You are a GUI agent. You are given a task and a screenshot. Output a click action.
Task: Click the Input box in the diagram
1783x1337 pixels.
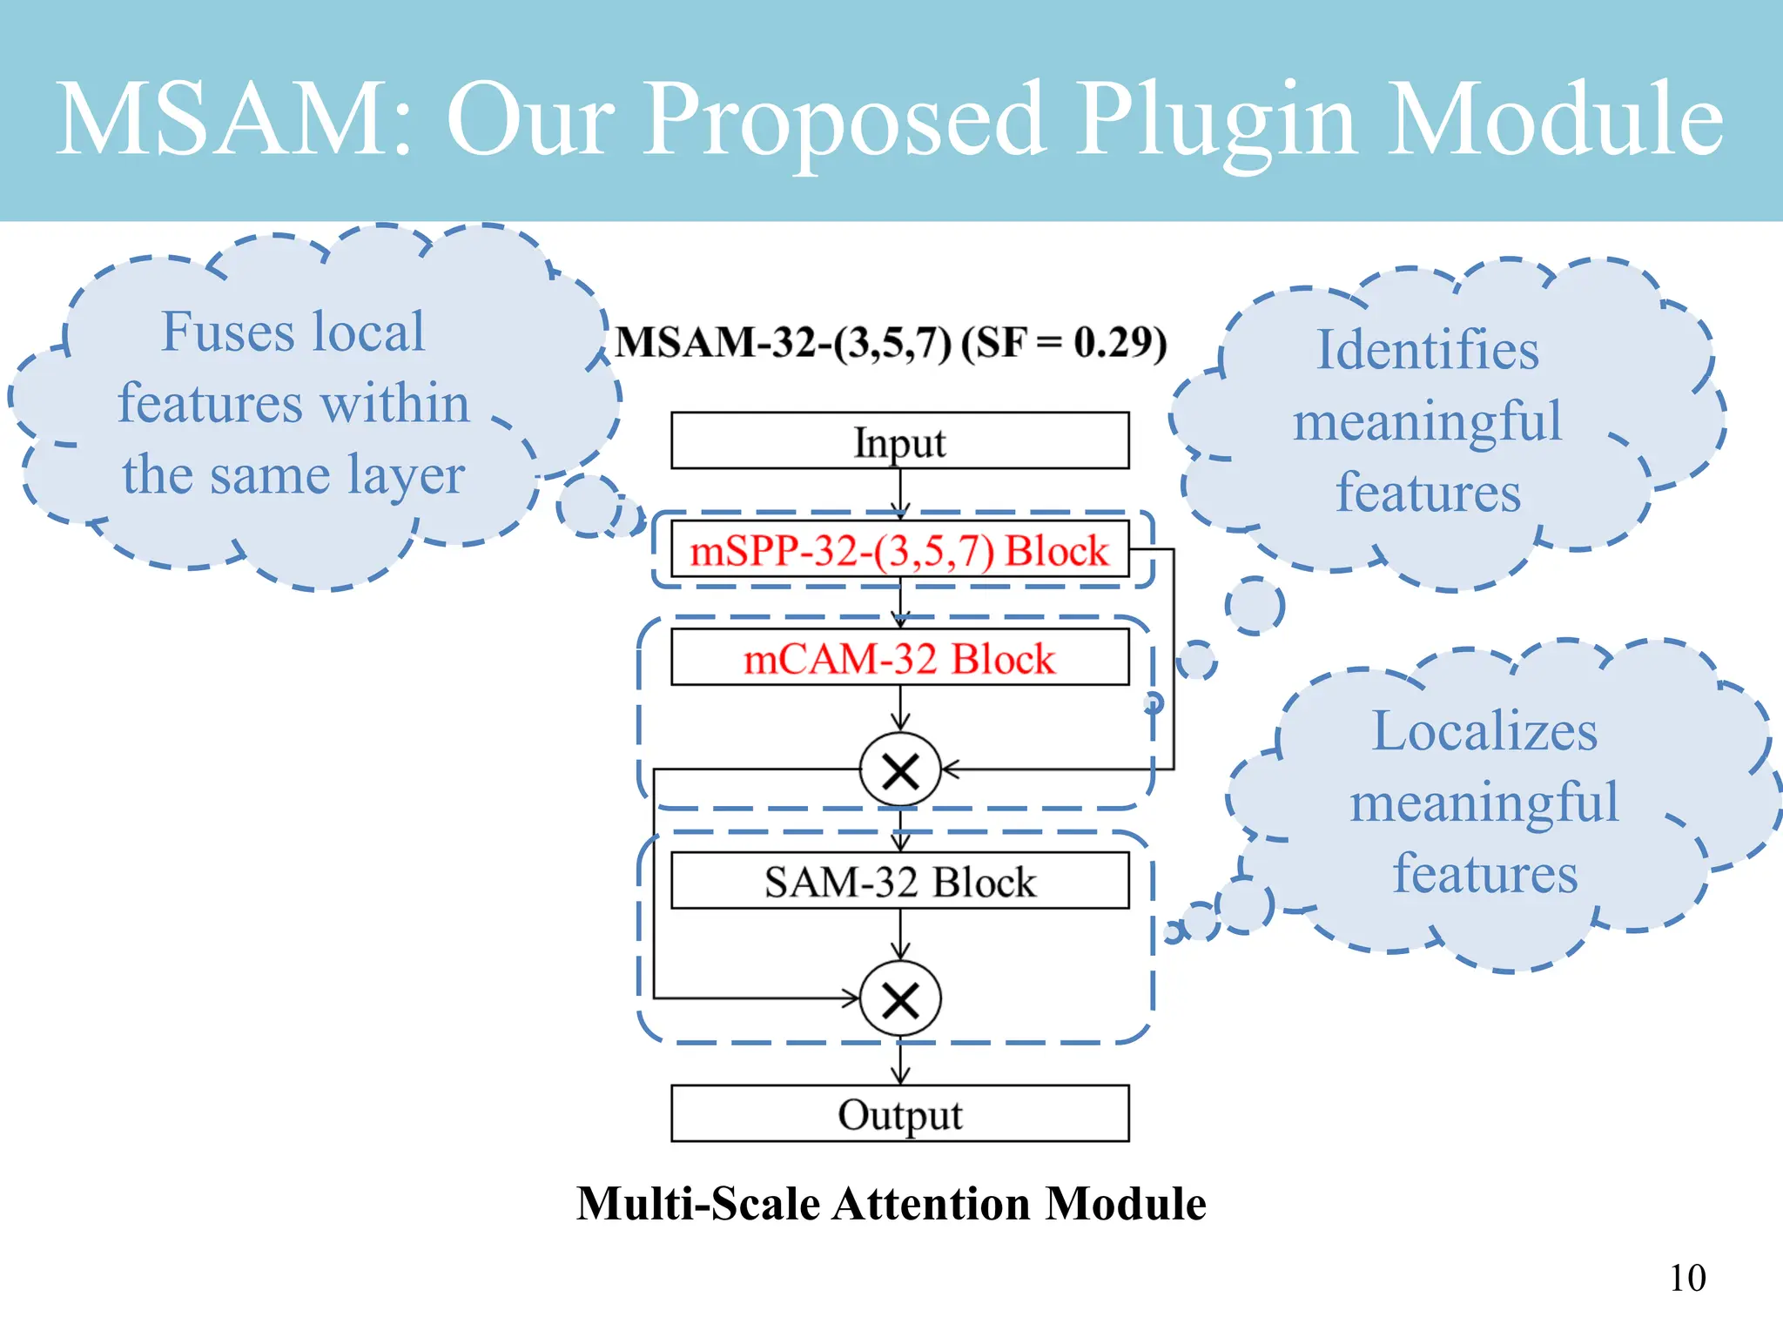pyautogui.click(x=899, y=440)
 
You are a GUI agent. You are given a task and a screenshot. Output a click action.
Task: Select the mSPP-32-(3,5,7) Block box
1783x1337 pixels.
pyautogui.click(x=899, y=549)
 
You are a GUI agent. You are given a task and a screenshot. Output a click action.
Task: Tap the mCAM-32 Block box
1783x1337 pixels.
pyautogui.click(x=899, y=657)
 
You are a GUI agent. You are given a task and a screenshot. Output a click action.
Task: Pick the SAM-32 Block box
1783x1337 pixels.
pyautogui.click(x=899, y=881)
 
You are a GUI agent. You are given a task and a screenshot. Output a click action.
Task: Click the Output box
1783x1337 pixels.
pyautogui.click(x=899, y=1113)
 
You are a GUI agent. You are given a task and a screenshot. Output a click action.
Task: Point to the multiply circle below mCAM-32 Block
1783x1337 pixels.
pyautogui.click(x=900, y=770)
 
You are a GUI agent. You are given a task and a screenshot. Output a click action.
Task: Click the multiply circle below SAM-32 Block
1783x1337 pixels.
pyautogui.click(x=900, y=999)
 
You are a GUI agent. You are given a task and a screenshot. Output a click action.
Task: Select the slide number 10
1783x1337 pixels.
pyautogui.click(x=1686, y=1278)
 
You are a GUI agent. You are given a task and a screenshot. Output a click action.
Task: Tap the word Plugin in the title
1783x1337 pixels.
pyautogui.click(x=1215, y=119)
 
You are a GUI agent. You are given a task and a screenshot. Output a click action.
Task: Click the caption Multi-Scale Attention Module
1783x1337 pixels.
pyautogui.click(x=891, y=1204)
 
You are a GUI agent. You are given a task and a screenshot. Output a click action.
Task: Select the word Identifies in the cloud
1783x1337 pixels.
pyautogui.click(x=1427, y=350)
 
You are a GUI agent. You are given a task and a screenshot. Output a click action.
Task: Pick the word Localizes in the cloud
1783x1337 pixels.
pyautogui.click(x=1484, y=730)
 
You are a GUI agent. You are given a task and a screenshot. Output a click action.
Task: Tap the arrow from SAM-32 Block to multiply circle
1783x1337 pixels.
pyautogui.click(x=900, y=936)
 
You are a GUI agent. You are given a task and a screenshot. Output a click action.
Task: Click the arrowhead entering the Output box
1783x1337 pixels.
pyautogui.click(x=900, y=1075)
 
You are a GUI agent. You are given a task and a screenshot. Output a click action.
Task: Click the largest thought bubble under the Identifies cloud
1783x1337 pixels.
pyautogui.click(x=1255, y=605)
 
